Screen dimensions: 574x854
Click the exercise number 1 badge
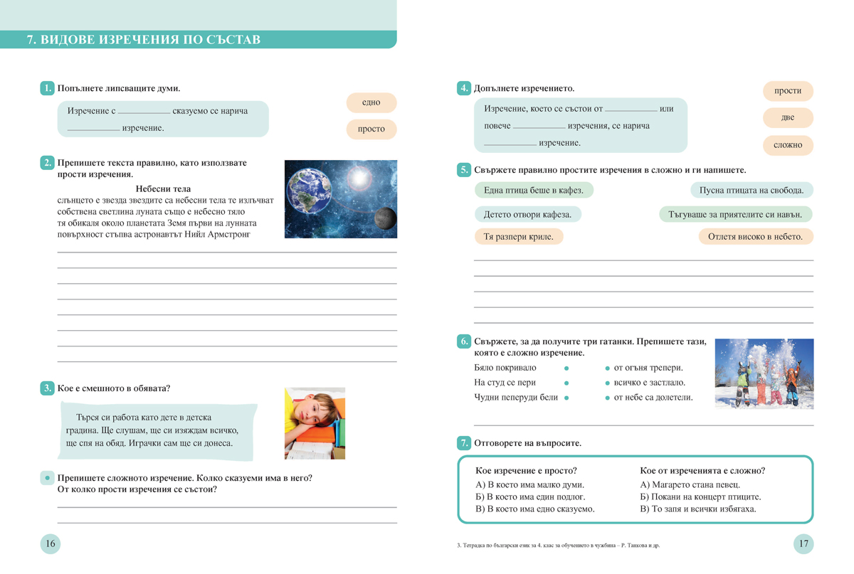[x=48, y=88]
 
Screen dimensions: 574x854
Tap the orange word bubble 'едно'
[x=371, y=102]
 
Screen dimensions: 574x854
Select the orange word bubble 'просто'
[x=371, y=129]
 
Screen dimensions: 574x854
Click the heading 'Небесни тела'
[x=162, y=188]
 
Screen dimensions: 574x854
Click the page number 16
[x=50, y=544]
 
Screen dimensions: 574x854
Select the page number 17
[x=803, y=544]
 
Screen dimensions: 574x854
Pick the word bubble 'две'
[x=788, y=117]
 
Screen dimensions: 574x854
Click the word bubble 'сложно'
[x=788, y=144]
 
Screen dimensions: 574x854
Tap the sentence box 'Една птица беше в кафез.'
[x=534, y=190]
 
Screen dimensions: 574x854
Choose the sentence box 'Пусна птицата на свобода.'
[x=752, y=190]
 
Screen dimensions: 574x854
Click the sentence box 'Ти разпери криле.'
[x=518, y=237]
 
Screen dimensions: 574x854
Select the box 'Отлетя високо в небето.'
[x=756, y=237]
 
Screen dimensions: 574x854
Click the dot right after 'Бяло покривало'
[x=566, y=368]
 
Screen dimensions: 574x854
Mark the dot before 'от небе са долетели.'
[x=607, y=398]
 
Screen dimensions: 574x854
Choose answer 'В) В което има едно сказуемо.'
[x=534, y=509]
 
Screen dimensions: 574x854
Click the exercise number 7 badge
[x=463, y=442]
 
